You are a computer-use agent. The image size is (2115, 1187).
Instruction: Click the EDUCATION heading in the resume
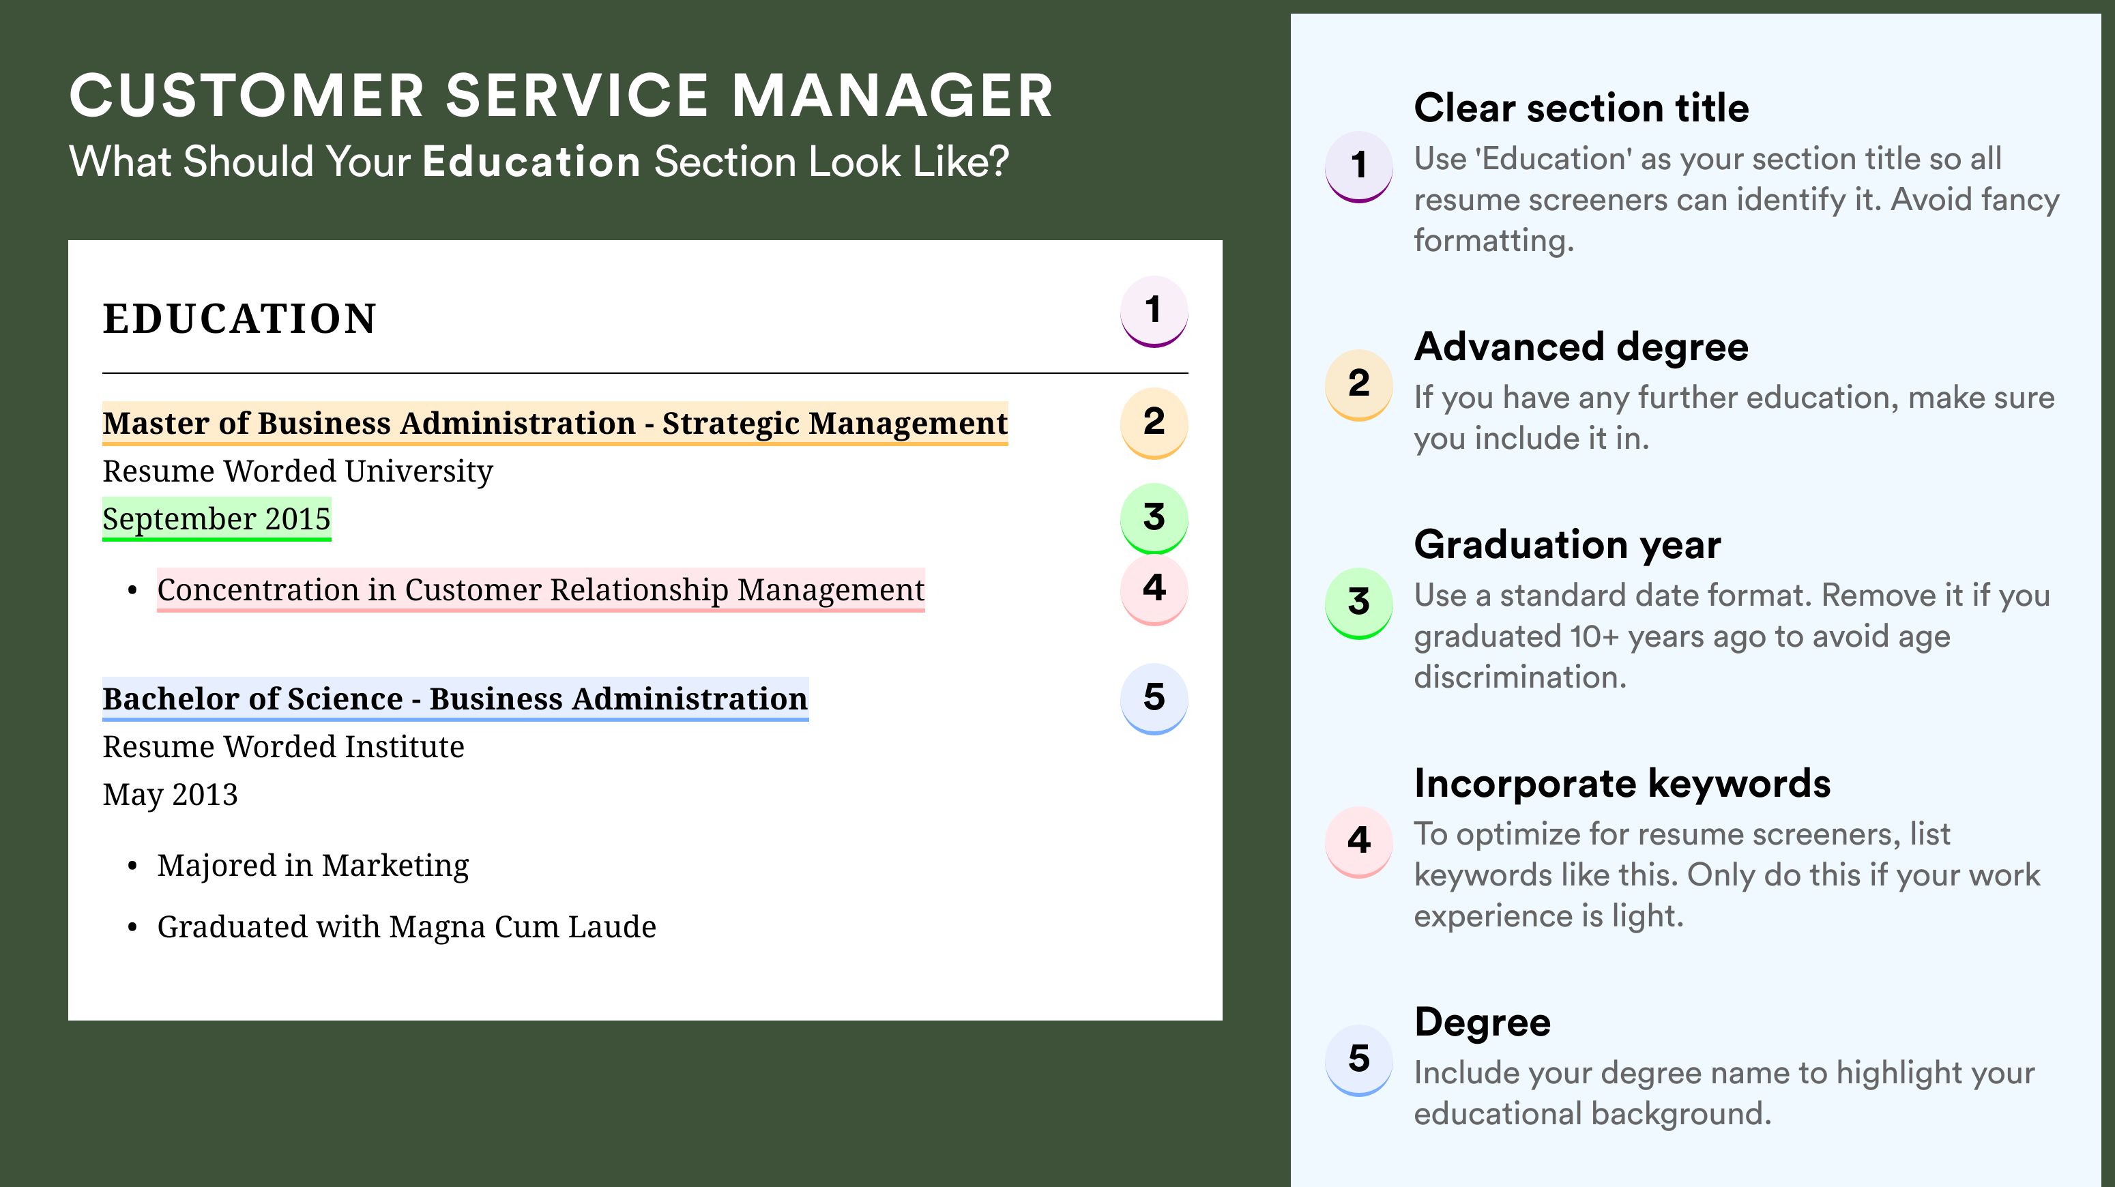point(239,319)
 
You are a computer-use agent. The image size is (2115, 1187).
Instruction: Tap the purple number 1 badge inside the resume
point(1154,311)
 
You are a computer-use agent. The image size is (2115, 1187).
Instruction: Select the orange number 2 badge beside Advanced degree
point(1359,384)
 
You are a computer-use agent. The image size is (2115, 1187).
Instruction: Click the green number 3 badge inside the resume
point(1154,518)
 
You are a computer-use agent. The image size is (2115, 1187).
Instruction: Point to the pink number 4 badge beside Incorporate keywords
point(1359,841)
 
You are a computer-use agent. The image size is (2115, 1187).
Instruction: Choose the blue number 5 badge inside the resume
point(1154,699)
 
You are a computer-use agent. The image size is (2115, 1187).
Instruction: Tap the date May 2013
point(170,795)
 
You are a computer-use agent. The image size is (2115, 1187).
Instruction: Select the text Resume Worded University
point(298,471)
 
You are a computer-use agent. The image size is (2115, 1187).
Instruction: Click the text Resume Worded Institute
point(283,747)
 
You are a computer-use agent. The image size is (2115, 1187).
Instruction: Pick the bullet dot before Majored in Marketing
point(132,867)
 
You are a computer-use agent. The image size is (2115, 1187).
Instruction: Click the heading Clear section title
point(1581,108)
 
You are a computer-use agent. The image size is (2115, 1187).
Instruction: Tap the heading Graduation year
point(1567,544)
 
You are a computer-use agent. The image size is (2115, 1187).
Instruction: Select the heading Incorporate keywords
point(1622,783)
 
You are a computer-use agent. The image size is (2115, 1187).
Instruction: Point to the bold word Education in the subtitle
point(531,161)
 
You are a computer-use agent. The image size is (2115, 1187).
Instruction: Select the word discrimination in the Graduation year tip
point(1520,677)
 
